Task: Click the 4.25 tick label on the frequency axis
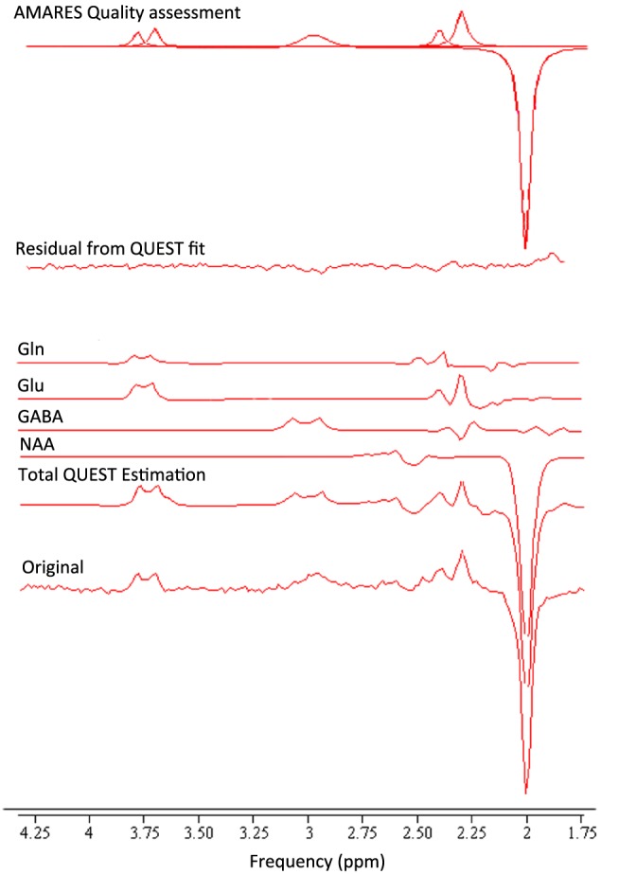(35, 834)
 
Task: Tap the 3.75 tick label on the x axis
(144, 834)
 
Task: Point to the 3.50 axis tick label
(199, 834)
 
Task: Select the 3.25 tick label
(254, 834)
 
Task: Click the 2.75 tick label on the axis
(363, 834)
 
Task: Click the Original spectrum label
(53, 567)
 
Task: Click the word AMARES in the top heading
(43, 13)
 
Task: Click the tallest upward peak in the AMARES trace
(461, 12)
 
